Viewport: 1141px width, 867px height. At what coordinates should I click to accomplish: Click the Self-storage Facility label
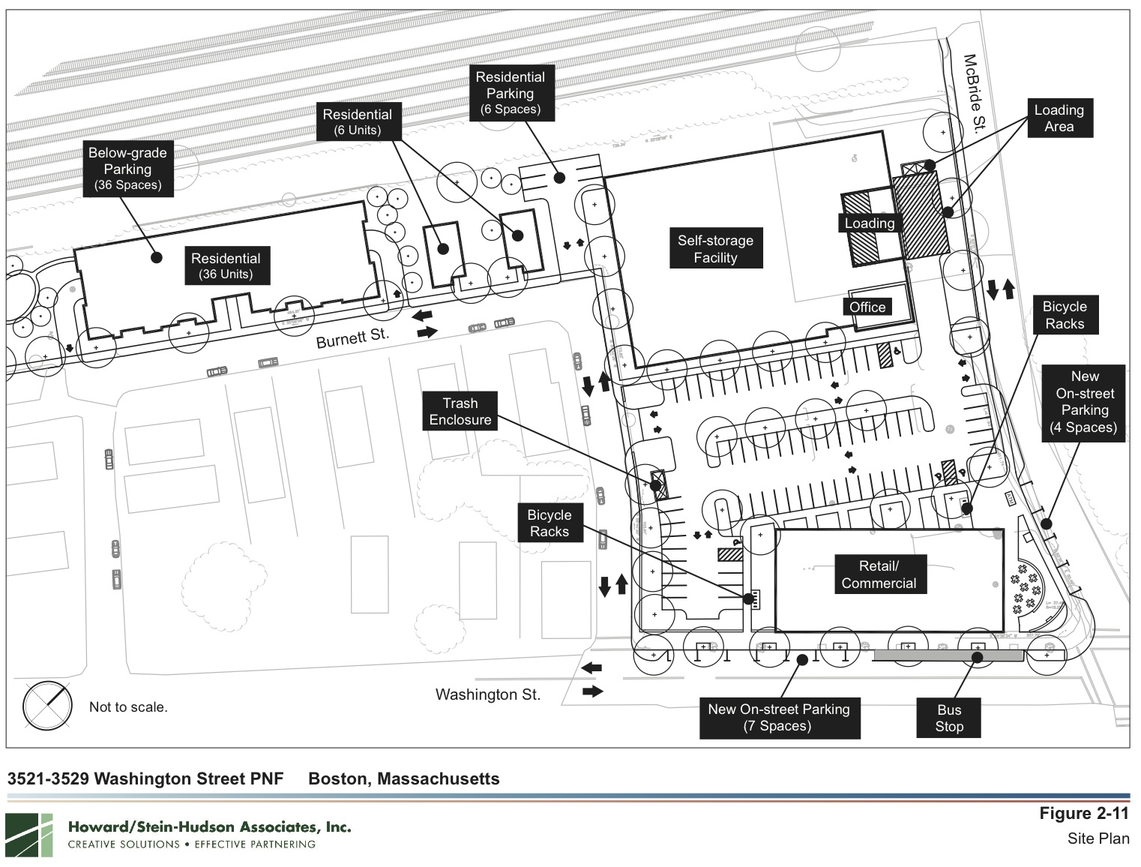[x=715, y=249]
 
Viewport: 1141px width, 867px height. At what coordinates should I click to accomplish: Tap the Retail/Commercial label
[x=879, y=574]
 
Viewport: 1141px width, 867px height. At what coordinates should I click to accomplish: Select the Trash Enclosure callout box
[x=460, y=412]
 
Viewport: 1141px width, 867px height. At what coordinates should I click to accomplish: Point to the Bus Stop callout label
[x=949, y=718]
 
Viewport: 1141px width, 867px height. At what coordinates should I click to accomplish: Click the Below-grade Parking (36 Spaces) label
[x=128, y=169]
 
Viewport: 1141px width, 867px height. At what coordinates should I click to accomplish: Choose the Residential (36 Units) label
[x=226, y=266]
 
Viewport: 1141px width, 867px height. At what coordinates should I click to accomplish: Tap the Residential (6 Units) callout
[x=358, y=121]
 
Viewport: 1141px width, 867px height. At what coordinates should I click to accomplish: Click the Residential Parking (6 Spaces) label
[x=510, y=93]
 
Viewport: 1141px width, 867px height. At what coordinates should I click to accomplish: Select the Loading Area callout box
[x=1059, y=118]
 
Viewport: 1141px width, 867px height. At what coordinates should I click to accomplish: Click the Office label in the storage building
[x=867, y=307]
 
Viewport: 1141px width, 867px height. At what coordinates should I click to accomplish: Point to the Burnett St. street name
[x=352, y=337]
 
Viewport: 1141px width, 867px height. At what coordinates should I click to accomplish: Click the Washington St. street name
[x=488, y=694]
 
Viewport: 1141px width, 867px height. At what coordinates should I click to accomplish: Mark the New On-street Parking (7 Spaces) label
[x=779, y=717]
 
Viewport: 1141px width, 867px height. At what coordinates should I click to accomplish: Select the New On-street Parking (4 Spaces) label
[x=1084, y=402]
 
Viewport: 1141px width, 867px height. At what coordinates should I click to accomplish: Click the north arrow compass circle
[x=47, y=706]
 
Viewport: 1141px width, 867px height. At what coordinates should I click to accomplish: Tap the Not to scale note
[x=128, y=706]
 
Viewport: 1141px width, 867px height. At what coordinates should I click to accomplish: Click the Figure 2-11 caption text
[x=1083, y=814]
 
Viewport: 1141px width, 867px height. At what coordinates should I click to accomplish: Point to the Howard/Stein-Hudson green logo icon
[x=29, y=835]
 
